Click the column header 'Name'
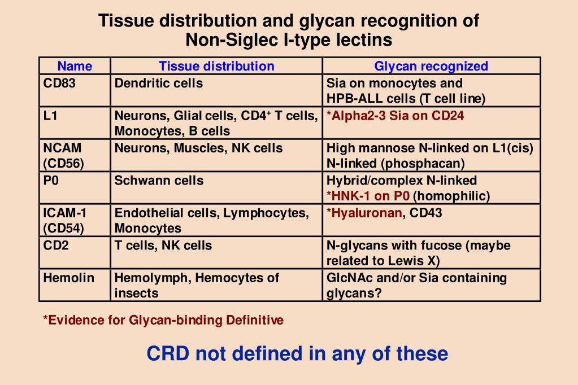coord(75,66)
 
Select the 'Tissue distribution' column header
coord(216,66)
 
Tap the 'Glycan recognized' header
coord(431,66)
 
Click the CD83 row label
coord(59,84)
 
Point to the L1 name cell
coord(51,116)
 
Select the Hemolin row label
coord(68,278)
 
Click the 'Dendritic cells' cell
coord(159,84)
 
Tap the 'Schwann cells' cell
coord(159,181)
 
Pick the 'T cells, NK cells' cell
coord(163,246)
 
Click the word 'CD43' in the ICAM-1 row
coord(426,213)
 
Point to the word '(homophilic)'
coord(451,196)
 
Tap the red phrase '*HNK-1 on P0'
coord(368,196)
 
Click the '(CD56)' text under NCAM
coord(63,164)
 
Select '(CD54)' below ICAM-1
coord(63,229)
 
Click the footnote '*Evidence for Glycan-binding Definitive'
coord(163,321)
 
